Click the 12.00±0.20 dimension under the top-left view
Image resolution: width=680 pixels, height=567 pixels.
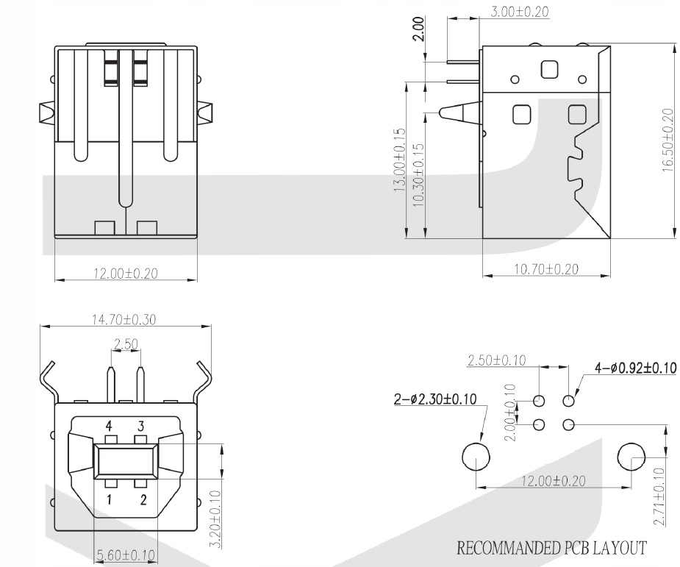(x=126, y=274)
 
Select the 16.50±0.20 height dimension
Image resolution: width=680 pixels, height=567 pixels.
(x=667, y=140)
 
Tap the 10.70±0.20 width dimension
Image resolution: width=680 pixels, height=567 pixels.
(x=545, y=269)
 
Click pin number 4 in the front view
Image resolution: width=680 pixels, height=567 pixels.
(x=109, y=425)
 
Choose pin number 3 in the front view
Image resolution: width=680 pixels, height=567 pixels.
(x=141, y=425)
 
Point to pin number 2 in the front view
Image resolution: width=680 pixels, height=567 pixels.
(x=143, y=500)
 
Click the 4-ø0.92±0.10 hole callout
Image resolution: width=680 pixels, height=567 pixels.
(x=636, y=368)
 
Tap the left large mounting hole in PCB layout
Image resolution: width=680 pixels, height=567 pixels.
(x=476, y=457)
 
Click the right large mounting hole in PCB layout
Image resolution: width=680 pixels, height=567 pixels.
(x=631, y=457)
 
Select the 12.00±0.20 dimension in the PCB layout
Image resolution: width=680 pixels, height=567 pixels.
(x=553, y=480)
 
